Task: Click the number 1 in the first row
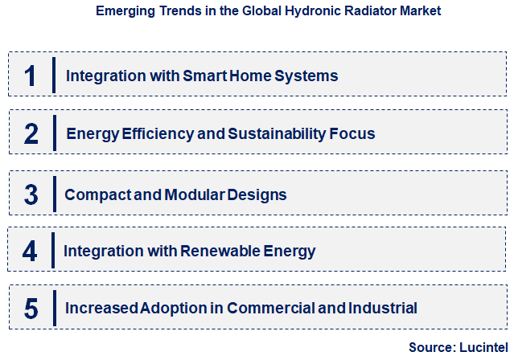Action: click(x=31, y=76)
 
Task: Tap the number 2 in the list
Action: click(x=31, y=133)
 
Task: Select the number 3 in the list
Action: click(x=31, y=194)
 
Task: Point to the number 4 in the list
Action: click(x=30, y=251)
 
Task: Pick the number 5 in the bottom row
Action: click(x=31, y=308)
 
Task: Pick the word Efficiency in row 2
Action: click(x=154, y=133)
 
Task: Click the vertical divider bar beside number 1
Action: click(x=53, y=76)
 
